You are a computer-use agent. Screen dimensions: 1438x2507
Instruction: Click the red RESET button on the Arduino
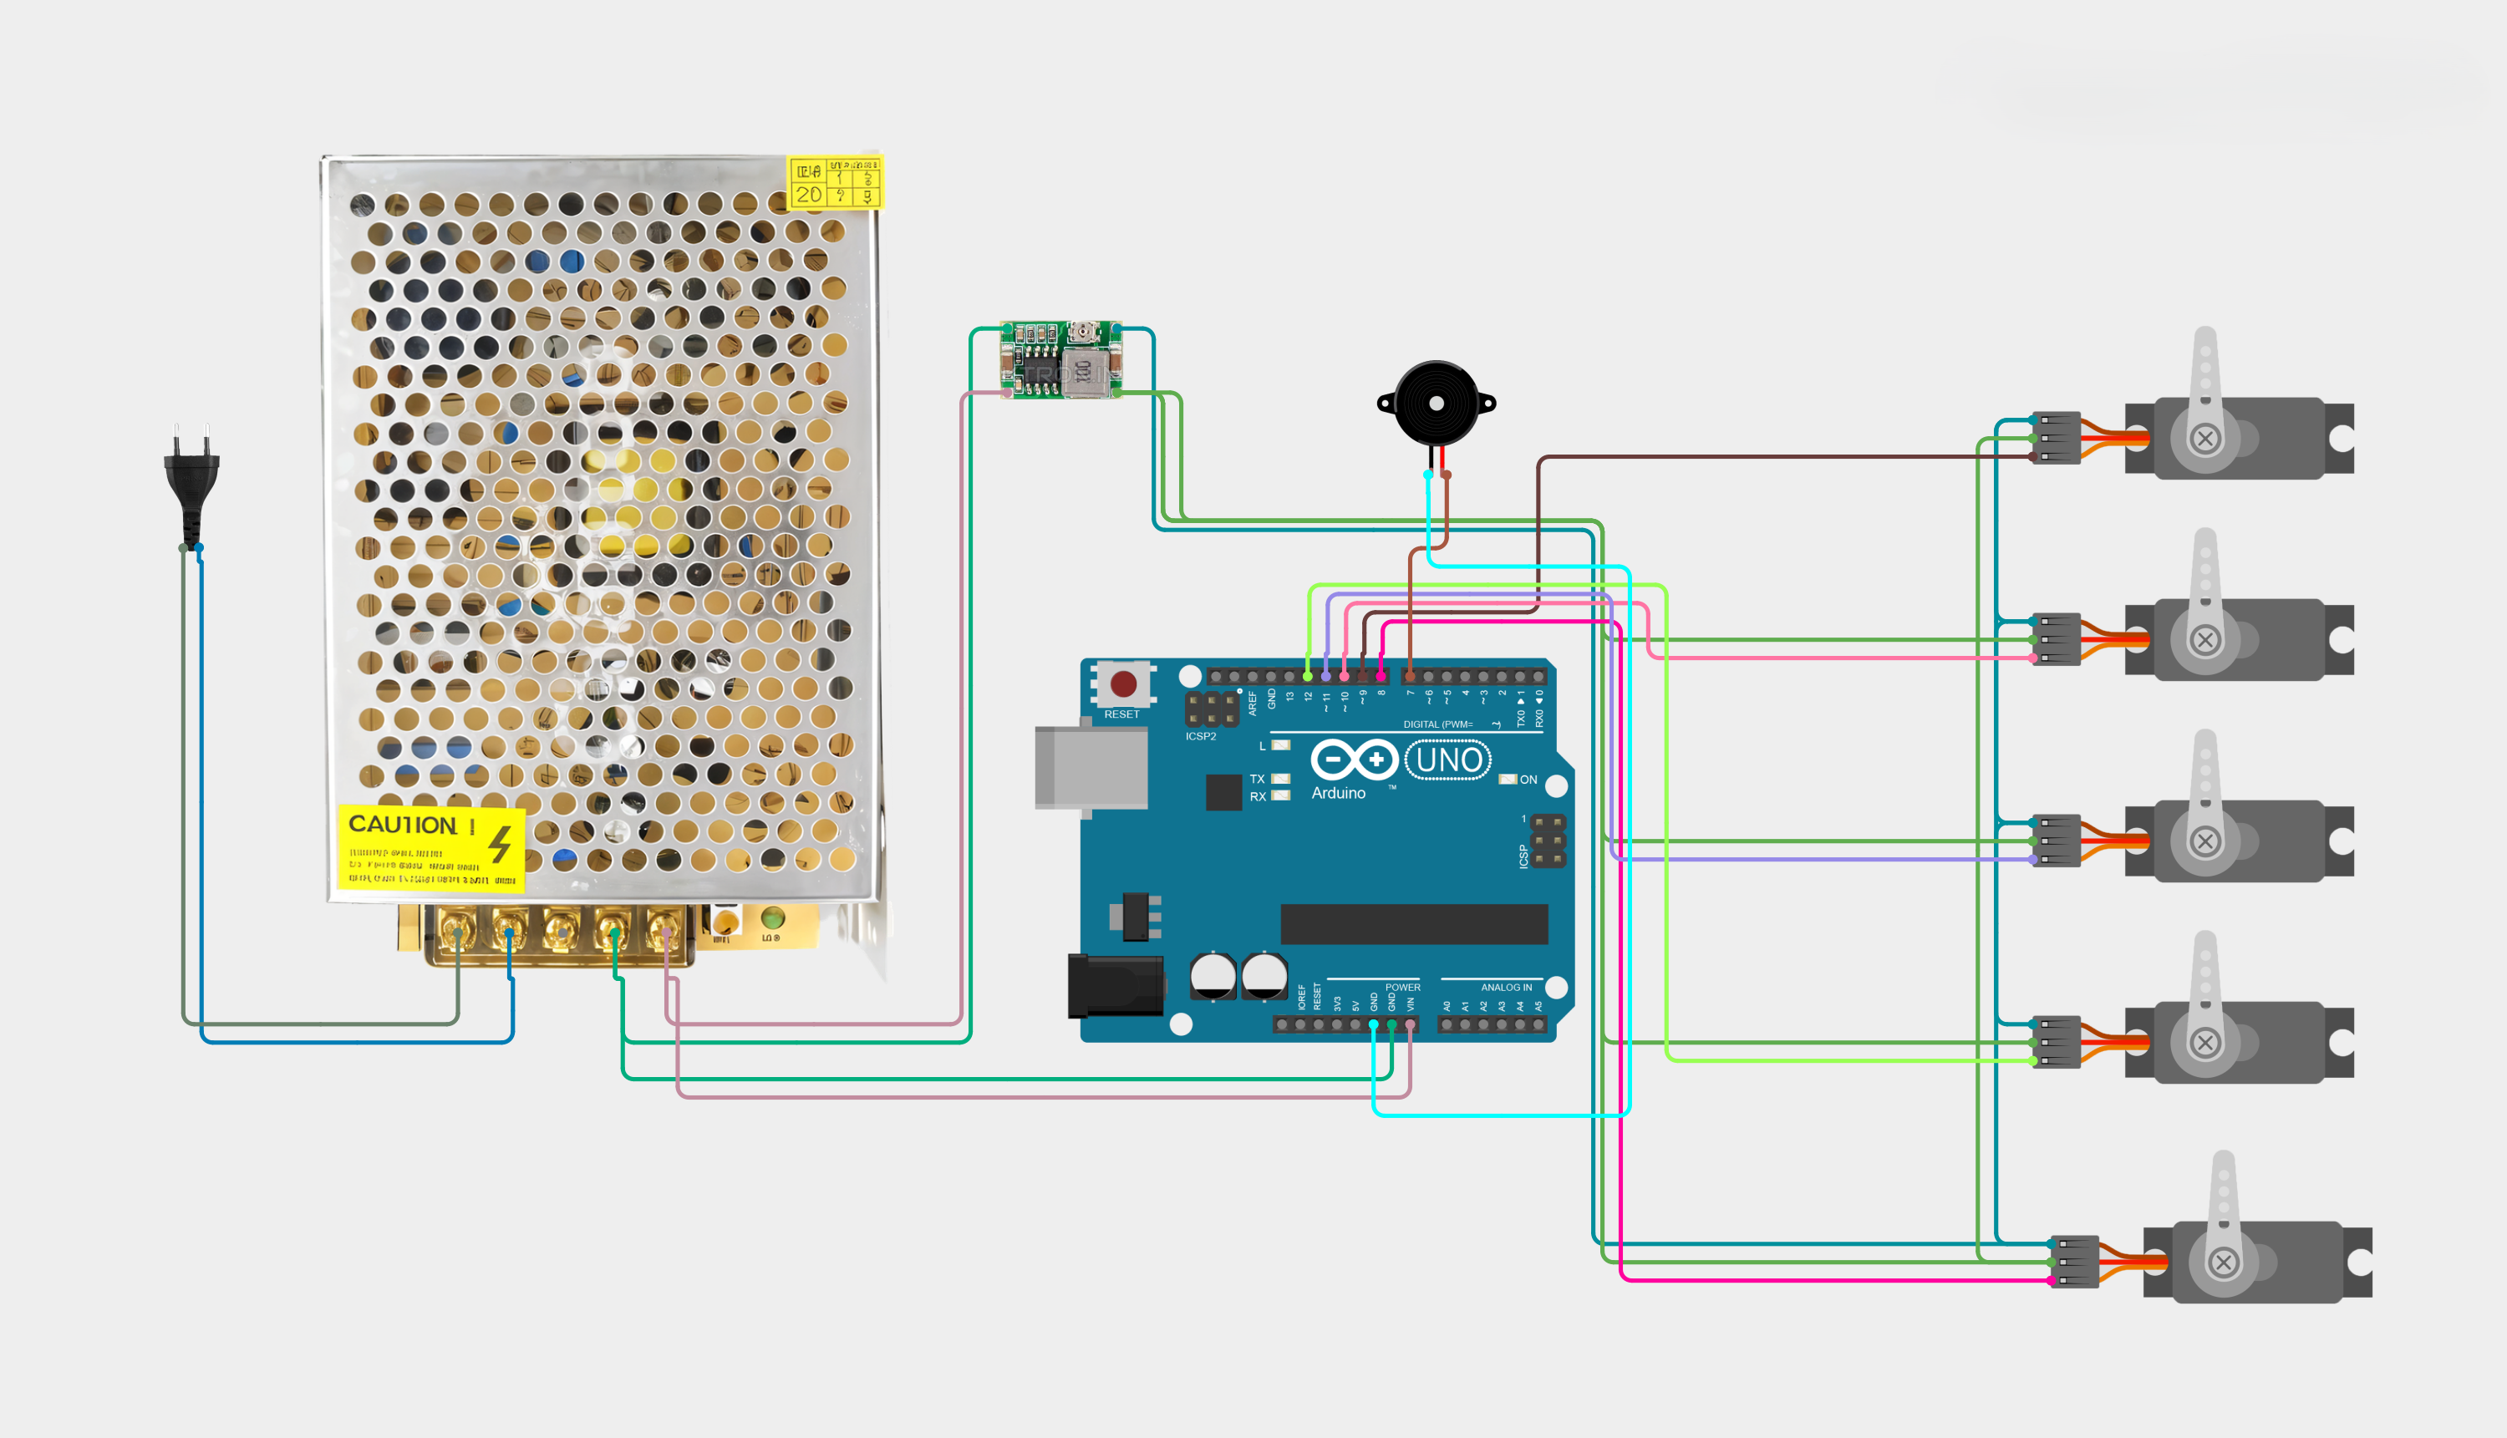coord(1123,683)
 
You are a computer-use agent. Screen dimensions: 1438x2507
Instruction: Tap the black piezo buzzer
coord(1437,403)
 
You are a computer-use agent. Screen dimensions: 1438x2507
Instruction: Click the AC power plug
coord(191,479)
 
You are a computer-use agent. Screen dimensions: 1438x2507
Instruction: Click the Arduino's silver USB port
coord(1091,767)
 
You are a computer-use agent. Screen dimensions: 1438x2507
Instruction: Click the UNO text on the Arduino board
coord(1448,760)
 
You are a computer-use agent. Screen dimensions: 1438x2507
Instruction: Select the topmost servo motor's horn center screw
coord(2204,439)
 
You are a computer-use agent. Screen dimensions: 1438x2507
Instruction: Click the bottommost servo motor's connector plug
coord(2073,1261)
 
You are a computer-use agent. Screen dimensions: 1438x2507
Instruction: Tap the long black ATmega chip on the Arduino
coord(1413,923)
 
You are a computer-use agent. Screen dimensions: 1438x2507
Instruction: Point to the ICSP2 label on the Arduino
coord(1200,737)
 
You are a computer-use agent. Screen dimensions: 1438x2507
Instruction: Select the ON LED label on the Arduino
coord(1527,780)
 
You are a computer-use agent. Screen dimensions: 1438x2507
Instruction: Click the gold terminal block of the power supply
coord(559,933)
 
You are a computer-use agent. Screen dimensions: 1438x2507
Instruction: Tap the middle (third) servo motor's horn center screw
coord(2204,841)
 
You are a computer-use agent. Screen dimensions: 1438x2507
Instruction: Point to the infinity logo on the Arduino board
coord(1353,760)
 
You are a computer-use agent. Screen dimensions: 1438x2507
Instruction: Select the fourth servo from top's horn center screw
coord(2204,1043)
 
